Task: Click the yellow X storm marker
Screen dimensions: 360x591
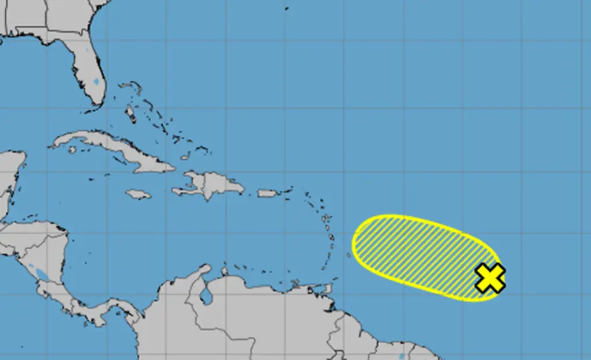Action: point(490,277)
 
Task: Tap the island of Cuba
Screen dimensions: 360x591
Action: point(115,148)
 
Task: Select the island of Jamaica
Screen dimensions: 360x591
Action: point(138,194)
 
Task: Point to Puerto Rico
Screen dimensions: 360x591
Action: point(268,193)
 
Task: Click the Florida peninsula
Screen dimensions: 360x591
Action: point(87,69)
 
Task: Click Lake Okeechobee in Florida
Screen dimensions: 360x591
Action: point(95,82)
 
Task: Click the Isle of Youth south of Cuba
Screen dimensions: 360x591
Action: point(72,149)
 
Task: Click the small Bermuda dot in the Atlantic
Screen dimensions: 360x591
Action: point(287,8)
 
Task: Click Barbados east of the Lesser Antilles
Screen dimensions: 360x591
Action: point(349,255)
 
